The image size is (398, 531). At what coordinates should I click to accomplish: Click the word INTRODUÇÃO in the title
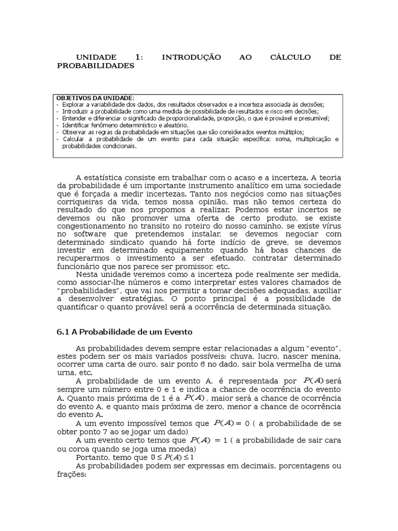(191, 57)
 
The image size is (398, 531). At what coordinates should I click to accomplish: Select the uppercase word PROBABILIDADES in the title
(95, 66)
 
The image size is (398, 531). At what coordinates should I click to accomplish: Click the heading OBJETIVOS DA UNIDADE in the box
(95, 97)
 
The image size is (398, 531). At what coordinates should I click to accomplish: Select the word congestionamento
(92, 227)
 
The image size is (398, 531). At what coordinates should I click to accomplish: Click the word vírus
(331, 227)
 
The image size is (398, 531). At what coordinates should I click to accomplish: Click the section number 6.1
(63, 332)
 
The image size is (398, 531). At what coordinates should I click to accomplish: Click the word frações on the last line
(71, 474)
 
